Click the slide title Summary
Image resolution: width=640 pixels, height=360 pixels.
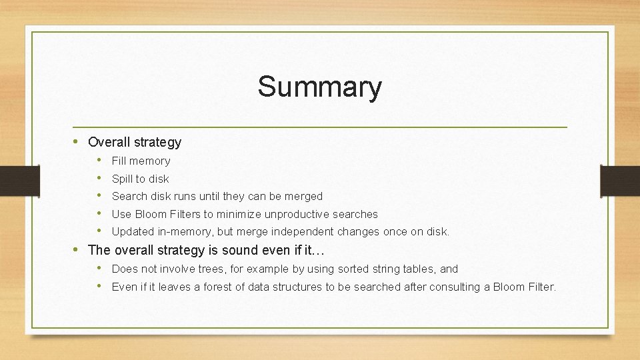320,87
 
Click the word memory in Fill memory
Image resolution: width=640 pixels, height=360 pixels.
150,161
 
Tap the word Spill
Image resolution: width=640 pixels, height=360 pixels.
122,179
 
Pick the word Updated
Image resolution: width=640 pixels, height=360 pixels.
133,232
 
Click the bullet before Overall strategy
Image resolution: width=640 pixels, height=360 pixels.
77,142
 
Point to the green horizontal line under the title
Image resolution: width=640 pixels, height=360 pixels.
320,127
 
